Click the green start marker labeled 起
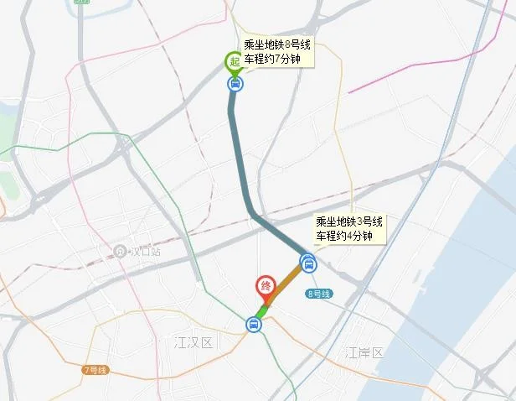[235, 60]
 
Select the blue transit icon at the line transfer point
[308, 263]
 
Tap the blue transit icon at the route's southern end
[252, 324]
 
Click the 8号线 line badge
[319, 294]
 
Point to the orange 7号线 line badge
[95, 370]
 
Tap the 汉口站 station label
[142, 251]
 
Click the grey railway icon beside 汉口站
[121, 251]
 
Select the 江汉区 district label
[194, 342]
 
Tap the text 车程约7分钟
[272, 60]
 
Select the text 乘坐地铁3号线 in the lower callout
[349, 222]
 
